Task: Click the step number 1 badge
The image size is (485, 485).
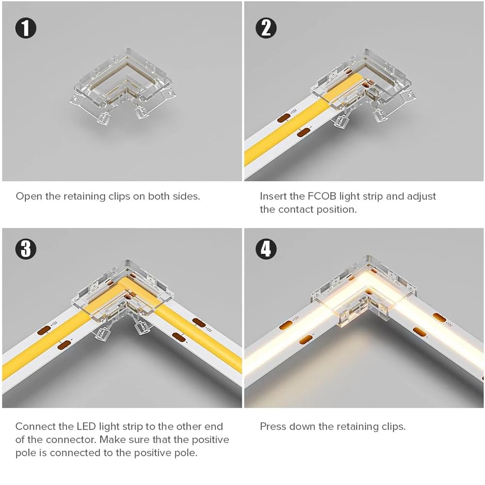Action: [x=26, y=28]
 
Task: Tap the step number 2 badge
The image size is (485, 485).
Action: [x=266, y=28]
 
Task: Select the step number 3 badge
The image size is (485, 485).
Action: [x=26, y=249]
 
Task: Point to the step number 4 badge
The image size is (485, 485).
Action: [x=266, y=249]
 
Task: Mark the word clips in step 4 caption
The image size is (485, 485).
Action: [x=394, y=427]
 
